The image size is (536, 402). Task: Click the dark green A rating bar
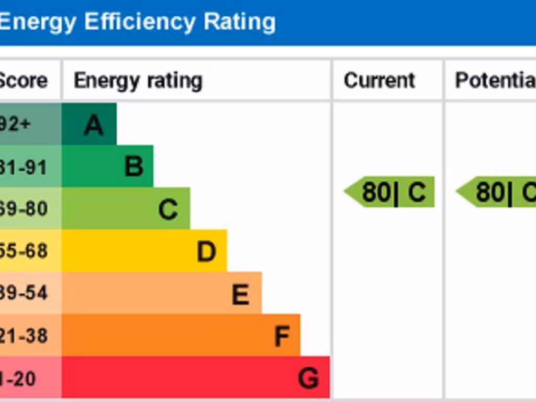pyautogui.click(x=89, y=124)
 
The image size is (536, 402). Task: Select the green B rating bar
pyautogui.click(x=107, y=166)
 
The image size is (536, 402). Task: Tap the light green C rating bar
pyautogui.click(x=126, y=208)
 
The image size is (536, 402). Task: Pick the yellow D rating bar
pyautogui.click(x=144, y=251)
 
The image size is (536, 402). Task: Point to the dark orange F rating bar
pyautogui.click(x=181, y=336)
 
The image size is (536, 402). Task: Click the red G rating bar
pyautogui.click(x=196, y=377)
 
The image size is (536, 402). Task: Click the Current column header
pyautogui.click(x=379, y=81)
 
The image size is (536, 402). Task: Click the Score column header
pyautogui.click(x=23, y=81)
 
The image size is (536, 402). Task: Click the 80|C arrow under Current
pyautogui.click(x=390, y=192)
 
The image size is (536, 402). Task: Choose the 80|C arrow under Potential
pyautogui.click(x=497, y=192)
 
